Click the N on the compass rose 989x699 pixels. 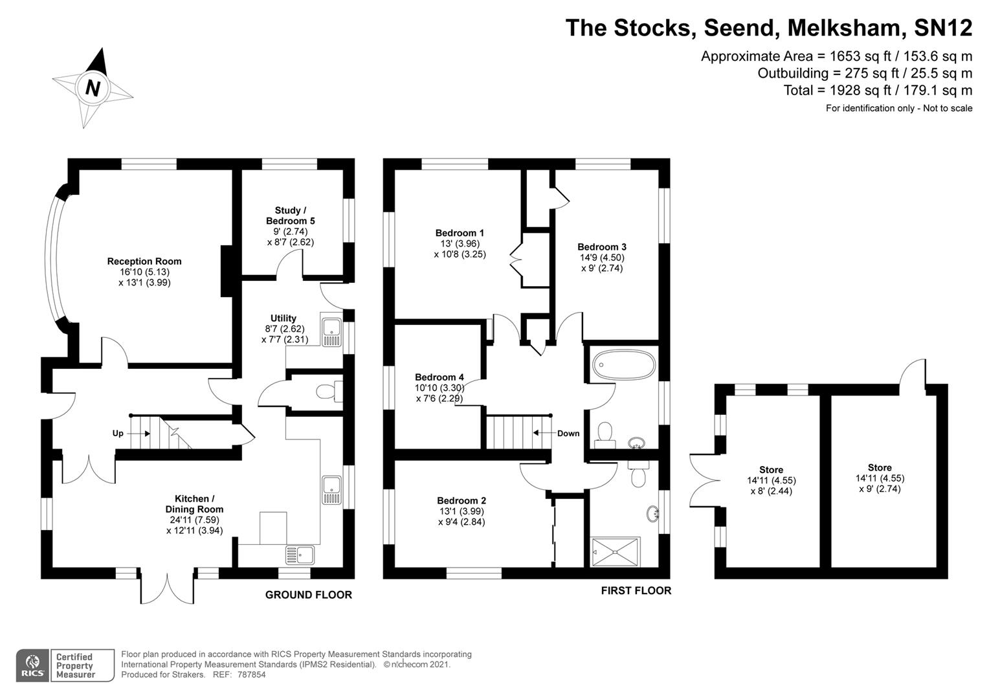pos(93,87)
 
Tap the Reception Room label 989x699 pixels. pos(144,261)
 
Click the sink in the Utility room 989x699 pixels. pos(331,329)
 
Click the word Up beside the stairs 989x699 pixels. pos(118,433)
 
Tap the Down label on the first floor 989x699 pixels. pos(568,433)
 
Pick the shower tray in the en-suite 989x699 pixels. pos(614,551)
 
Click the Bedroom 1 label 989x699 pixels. pos(460,233)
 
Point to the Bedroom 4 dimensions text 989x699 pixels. pos(439,394)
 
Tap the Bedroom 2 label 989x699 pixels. pos(461,500)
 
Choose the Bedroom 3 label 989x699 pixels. pos(602,247)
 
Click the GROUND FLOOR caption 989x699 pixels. pos(309,595)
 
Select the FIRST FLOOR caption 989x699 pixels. pos(636,590)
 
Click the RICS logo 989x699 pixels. pos(32,665)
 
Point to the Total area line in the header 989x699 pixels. pos(878,90)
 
